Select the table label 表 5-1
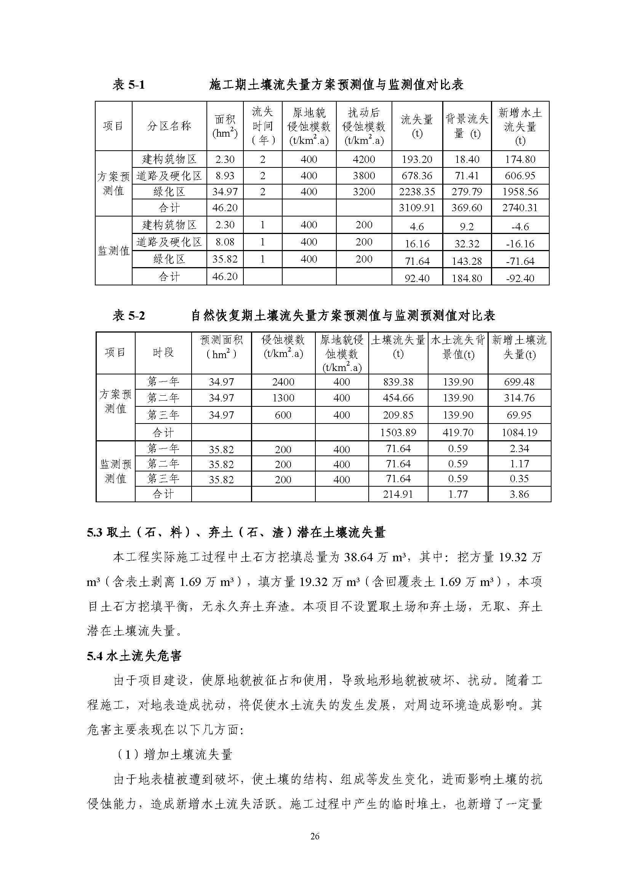pyautogui.click(x=128, y=84)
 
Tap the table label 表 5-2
pyautogui.click(x=128, y=315)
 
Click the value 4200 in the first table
pyautogui.click(x=364, y=159)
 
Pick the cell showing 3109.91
pyautogui.click(x=417, y=208)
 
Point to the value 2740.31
pyautogui.click(x=520, y=208)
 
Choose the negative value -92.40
pyautogui.click(x=520, y=278)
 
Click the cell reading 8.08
pyautogui.click(x=225, y=242)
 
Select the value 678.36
pyautogui.click(x=417, y=175)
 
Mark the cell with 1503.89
pyautogui.click(x=398, y=432)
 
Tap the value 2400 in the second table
pyautogui.click(x=283, y=382)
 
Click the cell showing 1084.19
pyautogui.click(x=520, y=432)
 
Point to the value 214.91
pyautogui.click(x=398, y=494)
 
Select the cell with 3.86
pyautogui.click(x=520, y=494)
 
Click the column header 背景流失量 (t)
pyautogui.click(x=467, y=126)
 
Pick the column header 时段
pyautogui.click(x=163, y=352)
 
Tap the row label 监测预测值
pyautogui.click(x=116, y=471)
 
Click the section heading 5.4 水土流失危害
pyautogui.click(x=134, y=656)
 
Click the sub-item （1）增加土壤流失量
pyautogui.click(x=173, y=754)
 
